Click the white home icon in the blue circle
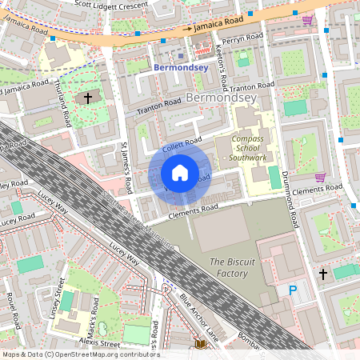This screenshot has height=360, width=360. pyautogui.click(x=180, y=173)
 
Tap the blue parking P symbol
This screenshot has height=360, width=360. pyautogui.click(x=293, y=290)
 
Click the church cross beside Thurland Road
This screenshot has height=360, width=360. pyautogui.click(x=88, y=98)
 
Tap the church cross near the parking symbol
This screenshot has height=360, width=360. pyautogui.click(x=323, y=274)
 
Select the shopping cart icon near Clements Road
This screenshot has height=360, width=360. pyautogui.click(x=320, y=177)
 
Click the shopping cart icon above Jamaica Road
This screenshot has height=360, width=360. pyautogui.click(x=307, y=20)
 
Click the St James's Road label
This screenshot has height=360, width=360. pyautogui.click(x=126, y=169)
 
